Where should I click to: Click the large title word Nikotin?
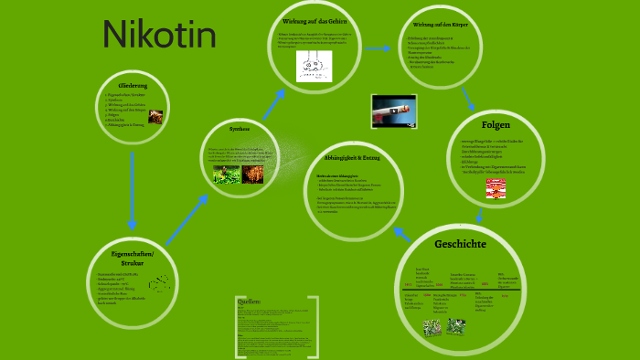160,36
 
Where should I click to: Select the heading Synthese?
240,130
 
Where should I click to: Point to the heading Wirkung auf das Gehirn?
316,20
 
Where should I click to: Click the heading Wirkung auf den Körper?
441,25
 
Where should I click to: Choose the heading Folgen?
496,124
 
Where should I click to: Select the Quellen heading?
250,302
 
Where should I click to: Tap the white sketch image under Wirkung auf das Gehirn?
314,65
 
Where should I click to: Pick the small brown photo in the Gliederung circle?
156,117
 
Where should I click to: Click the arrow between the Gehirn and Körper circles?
377,48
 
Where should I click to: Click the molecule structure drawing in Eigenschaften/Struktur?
160,282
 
